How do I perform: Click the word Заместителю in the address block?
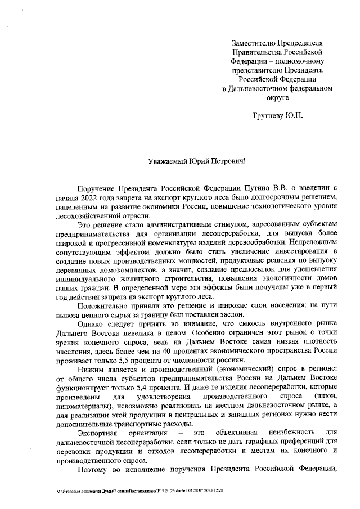point(255,43)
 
